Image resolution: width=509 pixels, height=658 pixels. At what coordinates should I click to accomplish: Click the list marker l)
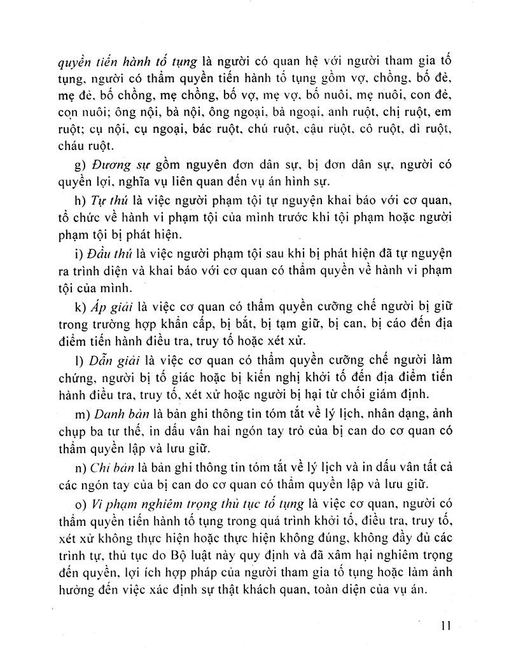point(78,363)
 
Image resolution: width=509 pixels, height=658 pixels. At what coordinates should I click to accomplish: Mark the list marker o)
point(80,503)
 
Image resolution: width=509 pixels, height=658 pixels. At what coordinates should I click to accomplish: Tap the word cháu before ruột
point(73,146)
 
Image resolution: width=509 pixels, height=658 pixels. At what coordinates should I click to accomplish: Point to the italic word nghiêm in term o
point(171,503)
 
